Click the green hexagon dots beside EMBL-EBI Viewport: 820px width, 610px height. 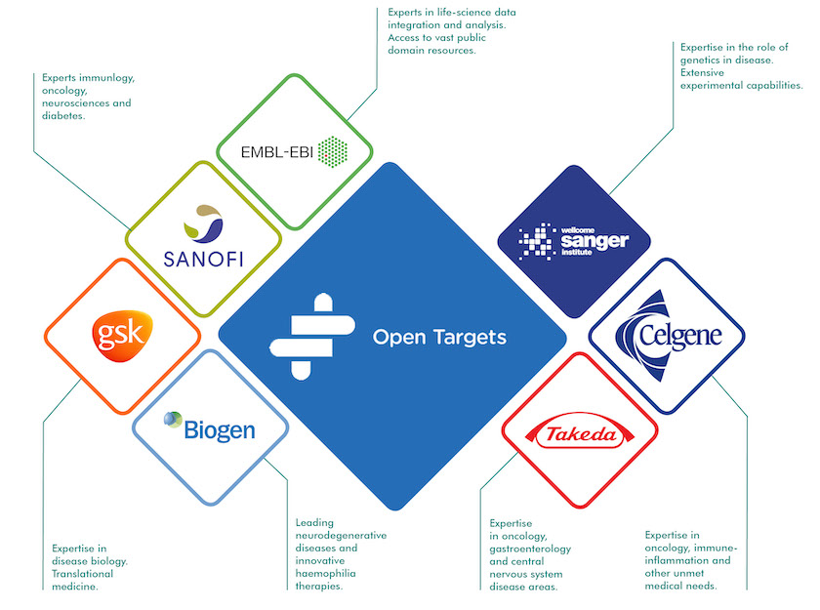(x=333, y=152)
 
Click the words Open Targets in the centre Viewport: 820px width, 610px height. (x=439, y=338)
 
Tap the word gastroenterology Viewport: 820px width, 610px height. (x=530, y=549)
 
